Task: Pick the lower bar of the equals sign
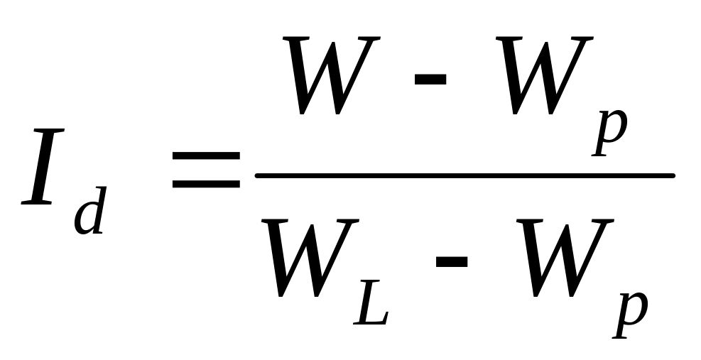205,185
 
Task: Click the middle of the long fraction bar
464,175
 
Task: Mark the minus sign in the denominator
451,261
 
